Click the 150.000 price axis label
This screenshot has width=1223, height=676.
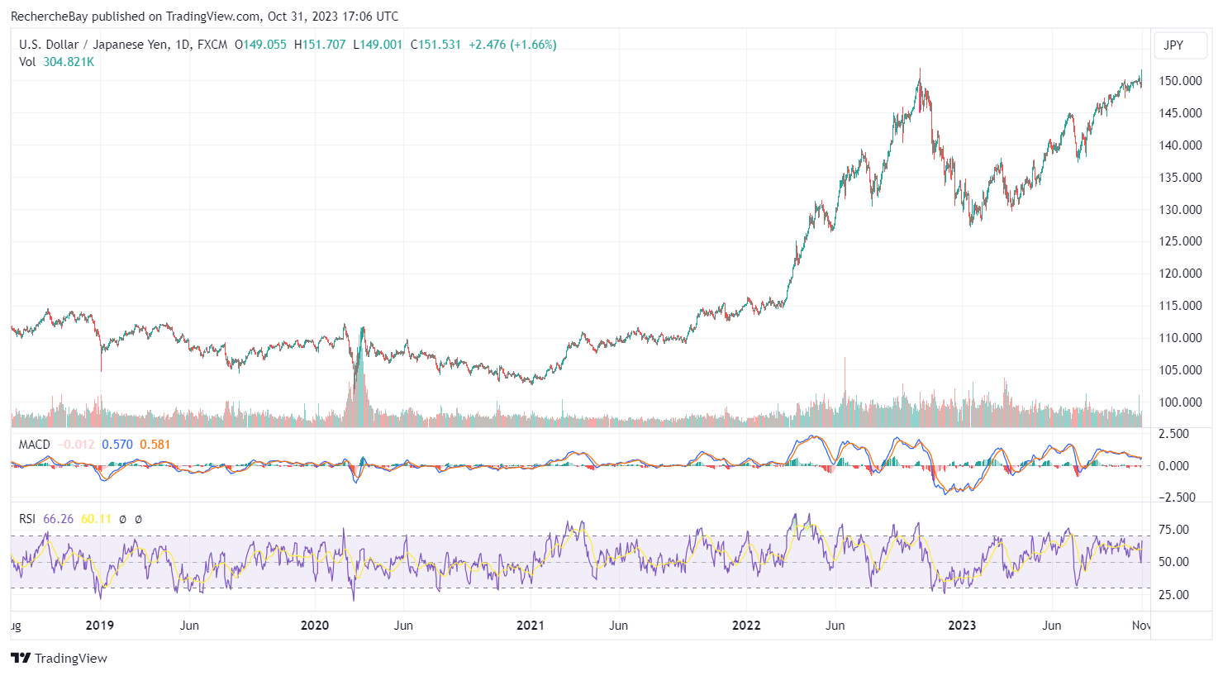click(x=1180, y=81)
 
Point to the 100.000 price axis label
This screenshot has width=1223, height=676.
click(x=1180, y=402)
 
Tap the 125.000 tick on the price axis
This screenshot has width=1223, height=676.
click(x=1180, y=241)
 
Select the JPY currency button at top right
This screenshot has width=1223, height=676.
click(x=1173, y=45)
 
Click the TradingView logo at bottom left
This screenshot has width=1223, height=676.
click(x=59, y=659)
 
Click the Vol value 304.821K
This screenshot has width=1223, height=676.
click(x=69, y=62)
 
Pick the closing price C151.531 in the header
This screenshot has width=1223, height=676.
click(x=435, y=45)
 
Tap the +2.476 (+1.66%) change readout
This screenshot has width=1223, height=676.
click(x=512, y=45)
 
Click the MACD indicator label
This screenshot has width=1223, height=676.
click(x=35, y=445)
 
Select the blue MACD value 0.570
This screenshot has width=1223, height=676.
click(x=117, y=445)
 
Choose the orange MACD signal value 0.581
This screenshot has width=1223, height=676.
click(x=155, y=445)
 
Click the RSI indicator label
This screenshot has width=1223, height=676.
click(x=27, y=519)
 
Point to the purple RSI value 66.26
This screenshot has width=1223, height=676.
click(x=58, y=519)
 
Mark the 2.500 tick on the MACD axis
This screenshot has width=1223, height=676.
click(x=1173, y=434)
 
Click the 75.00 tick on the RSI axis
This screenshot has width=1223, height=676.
click(x=1174, y=530)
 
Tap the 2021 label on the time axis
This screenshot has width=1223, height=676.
click(x=531, y=626)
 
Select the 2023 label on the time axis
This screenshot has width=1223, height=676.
click(x=962, y=626)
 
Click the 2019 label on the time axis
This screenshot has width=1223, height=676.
click(x=99, y=626)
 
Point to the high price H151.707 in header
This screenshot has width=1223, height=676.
click(x=320, y=45)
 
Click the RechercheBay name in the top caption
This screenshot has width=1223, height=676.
click(x=49, y=17)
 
